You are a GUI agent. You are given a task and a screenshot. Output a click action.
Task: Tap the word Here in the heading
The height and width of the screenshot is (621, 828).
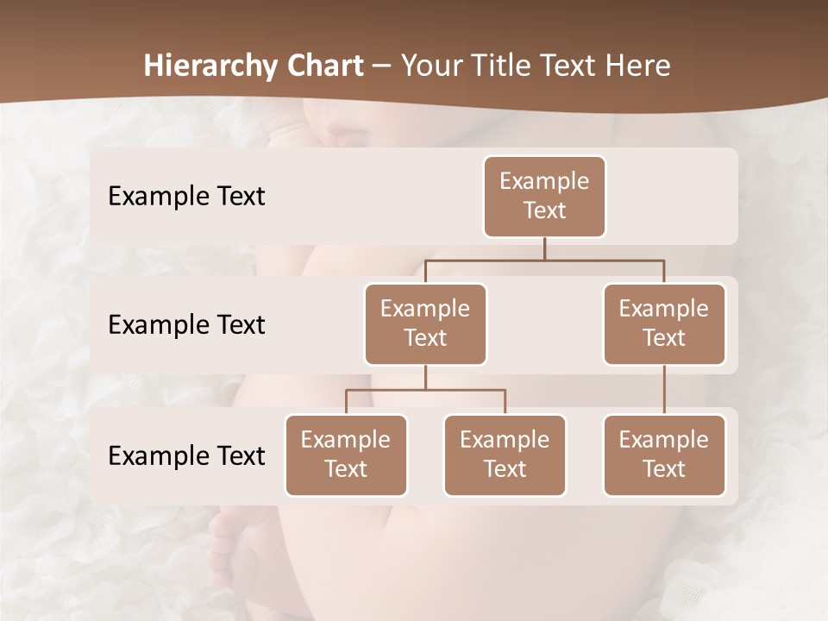636,66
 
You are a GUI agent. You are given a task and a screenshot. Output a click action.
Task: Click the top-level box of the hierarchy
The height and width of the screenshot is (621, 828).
544,197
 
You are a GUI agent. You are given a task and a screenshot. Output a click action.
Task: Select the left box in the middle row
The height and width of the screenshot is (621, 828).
425,324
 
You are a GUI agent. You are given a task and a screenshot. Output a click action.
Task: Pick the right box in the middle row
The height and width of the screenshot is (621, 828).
664,324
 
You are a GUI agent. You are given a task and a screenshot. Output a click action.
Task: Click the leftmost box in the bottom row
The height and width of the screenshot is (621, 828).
346,455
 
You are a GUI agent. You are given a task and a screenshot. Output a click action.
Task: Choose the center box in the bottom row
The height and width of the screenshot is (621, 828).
505,455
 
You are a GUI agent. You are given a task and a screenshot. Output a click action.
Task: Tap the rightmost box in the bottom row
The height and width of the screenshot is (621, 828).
664,455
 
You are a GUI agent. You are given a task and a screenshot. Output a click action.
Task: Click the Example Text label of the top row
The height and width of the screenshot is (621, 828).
186,197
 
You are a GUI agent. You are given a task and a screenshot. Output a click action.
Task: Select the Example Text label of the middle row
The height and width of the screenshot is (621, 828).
186,325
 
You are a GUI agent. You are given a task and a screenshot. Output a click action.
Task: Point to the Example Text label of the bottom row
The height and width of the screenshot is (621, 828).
186,456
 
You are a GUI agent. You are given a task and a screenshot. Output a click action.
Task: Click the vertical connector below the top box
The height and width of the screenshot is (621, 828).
544,248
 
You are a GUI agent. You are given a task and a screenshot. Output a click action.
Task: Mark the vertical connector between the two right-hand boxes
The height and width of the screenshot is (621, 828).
664,390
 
